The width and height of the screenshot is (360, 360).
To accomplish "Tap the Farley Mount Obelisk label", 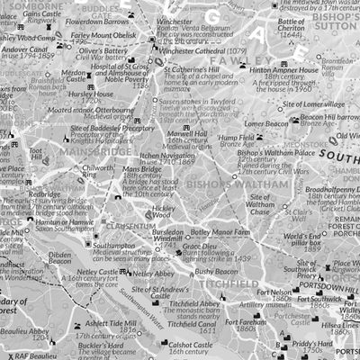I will (105, 36).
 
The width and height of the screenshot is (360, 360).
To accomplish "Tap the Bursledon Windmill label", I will (168, 236).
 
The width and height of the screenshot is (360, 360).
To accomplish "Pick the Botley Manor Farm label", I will (221, 231).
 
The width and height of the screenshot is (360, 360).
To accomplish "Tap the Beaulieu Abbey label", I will (24, 331).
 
